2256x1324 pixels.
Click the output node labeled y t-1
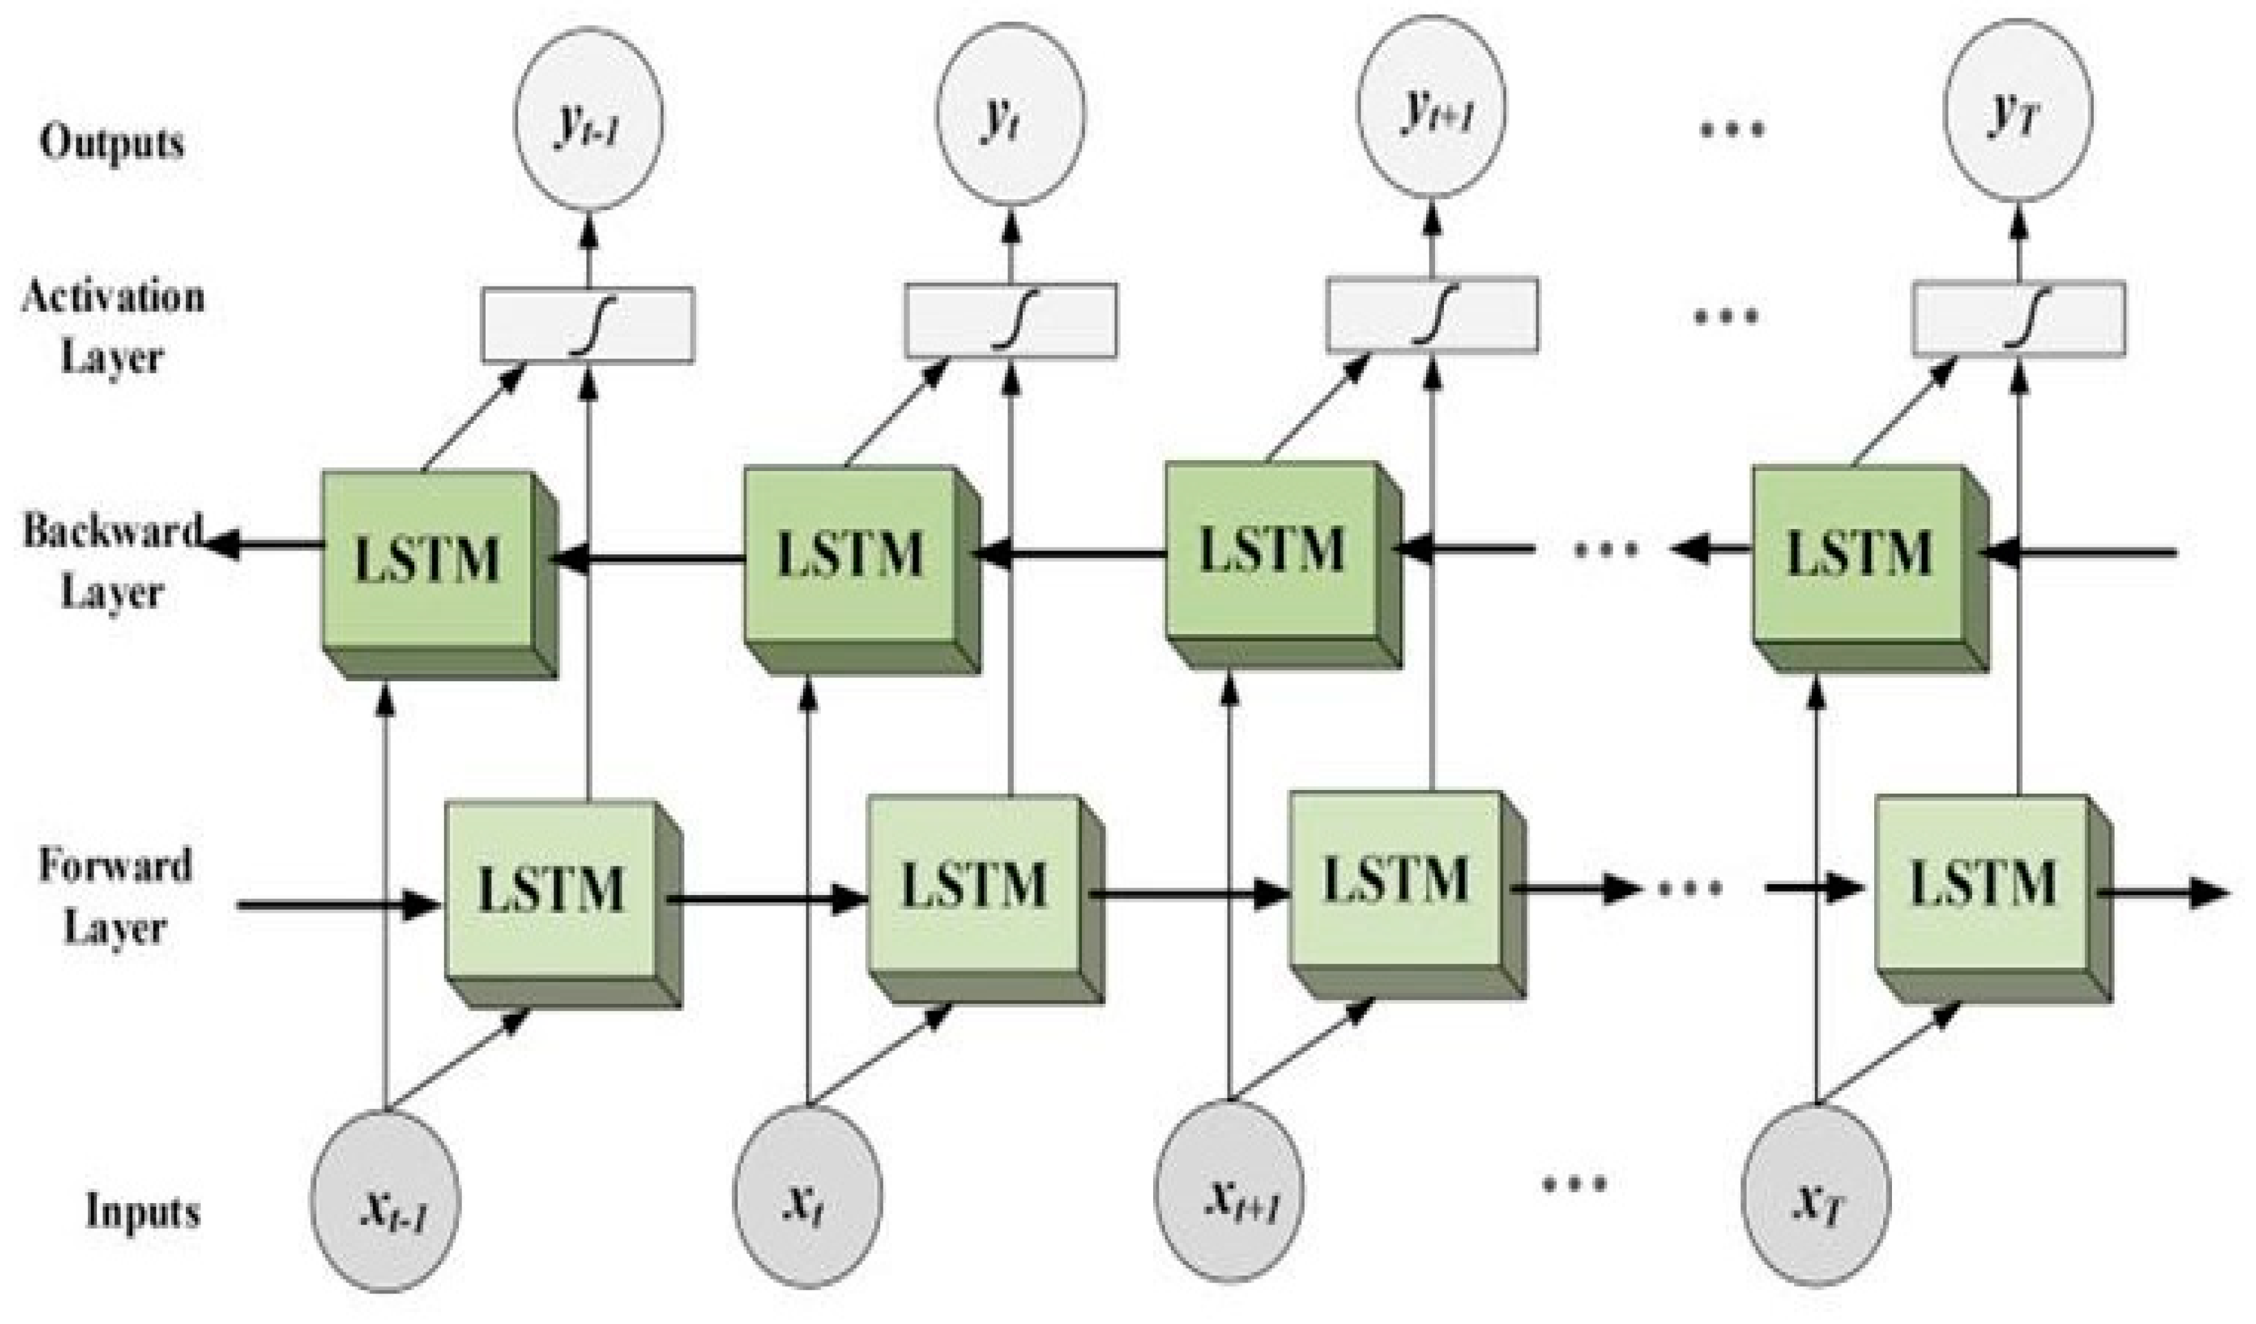pos(588,119)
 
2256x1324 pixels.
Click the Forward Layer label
pos(115,895)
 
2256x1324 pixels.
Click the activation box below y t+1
pos(1431,314)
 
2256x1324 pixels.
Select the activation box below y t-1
pos(588,325)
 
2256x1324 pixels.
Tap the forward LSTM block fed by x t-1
pos(550,891)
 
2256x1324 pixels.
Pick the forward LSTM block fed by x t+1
pos(1395,882)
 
